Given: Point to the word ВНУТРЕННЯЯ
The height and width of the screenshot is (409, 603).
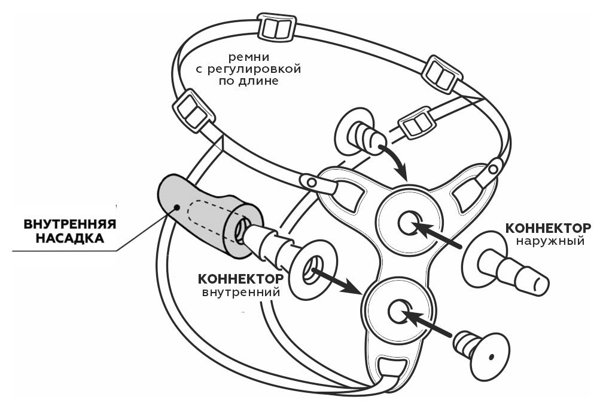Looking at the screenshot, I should click(69, 225).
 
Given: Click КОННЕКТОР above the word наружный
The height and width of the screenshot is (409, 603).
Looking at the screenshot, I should click(548, 228).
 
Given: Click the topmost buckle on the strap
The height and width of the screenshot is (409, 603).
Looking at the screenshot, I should click(277, 27).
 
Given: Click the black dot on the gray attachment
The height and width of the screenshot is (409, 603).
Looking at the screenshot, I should click(177, 207).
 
